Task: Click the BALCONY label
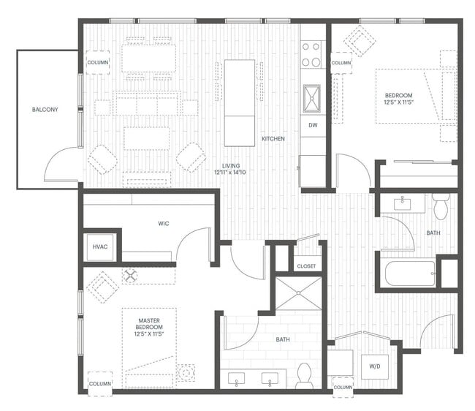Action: pos(45,110)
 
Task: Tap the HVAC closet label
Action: pos(100,246)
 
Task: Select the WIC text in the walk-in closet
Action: pos(163,223)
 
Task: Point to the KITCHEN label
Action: pos(274,138)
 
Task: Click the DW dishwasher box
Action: pos(312,125)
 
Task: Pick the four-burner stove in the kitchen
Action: pos(312,53)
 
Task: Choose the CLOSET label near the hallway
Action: pos(306,266)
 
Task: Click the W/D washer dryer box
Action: pos(375,366)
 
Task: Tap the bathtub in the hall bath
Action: pos(408,274)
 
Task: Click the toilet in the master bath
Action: pos(305,376)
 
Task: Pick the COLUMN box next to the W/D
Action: pos(342,386)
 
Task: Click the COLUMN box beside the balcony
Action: pos(97,62)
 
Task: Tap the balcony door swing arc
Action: pos(61,165)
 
